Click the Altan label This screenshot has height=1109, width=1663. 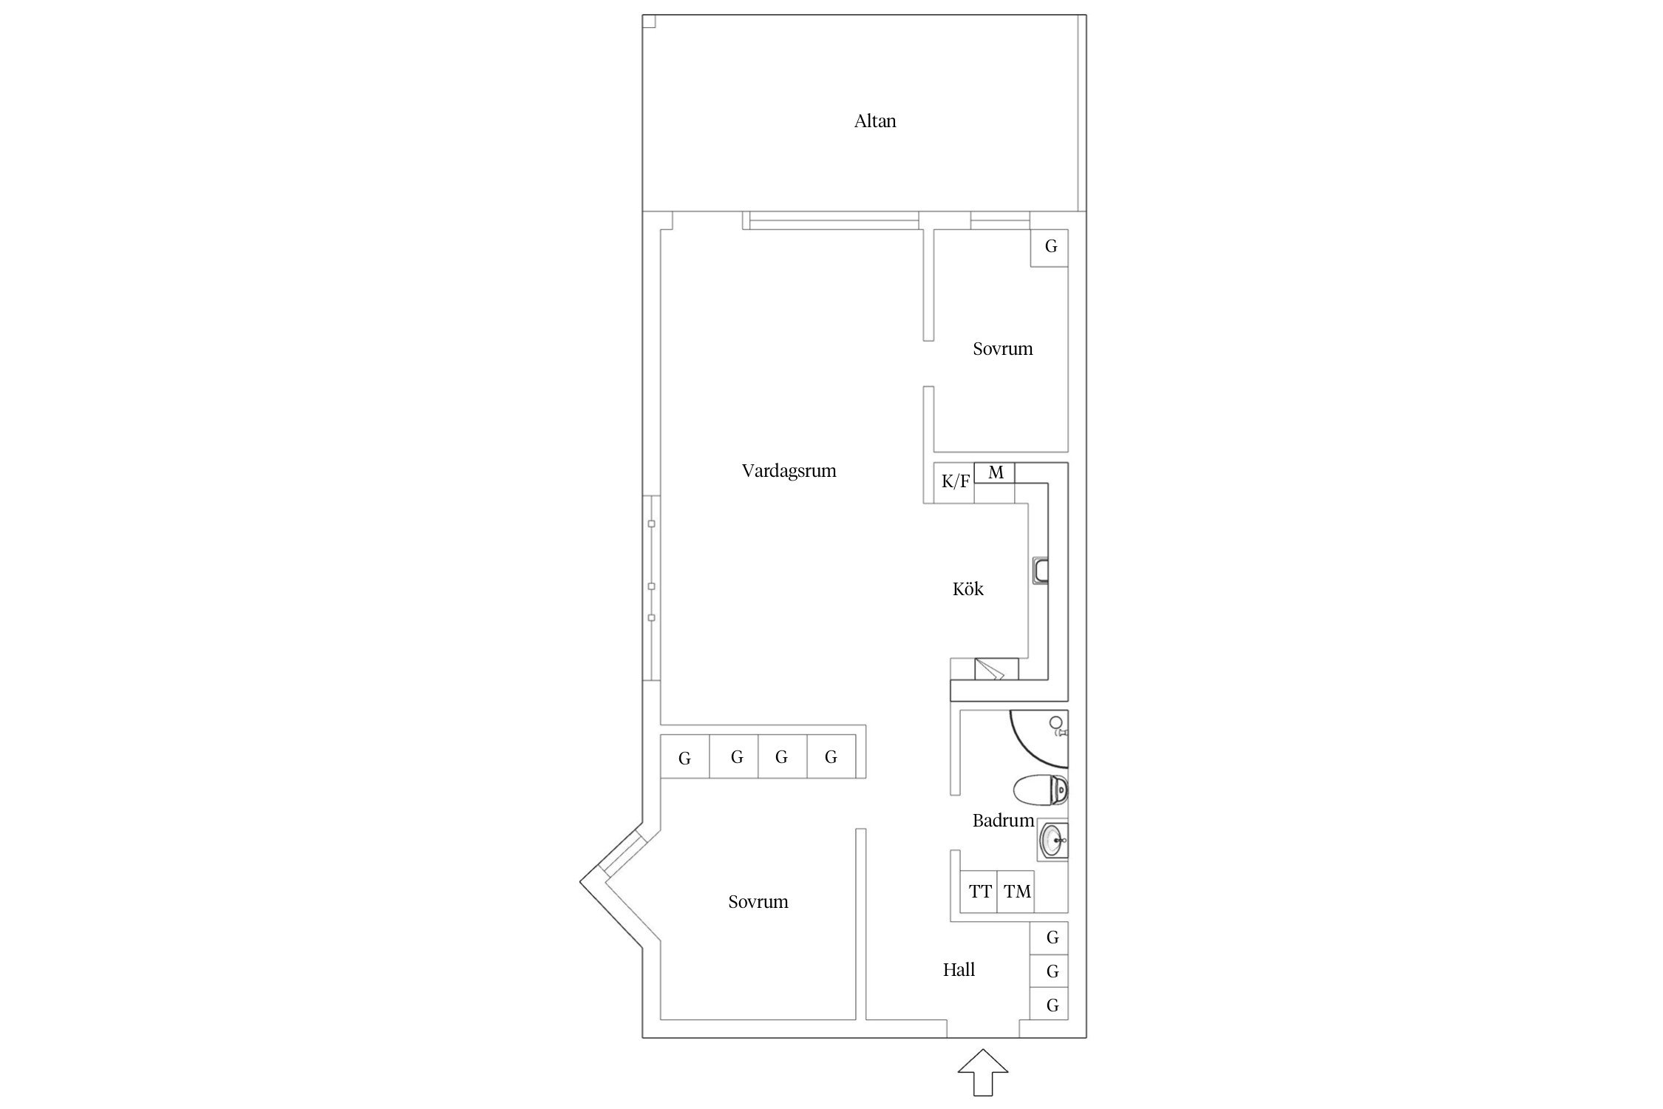click(875, 121)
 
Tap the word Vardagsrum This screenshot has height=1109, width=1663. click(789, 471)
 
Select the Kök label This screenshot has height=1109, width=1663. click(968, 589)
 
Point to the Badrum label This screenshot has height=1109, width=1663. click(1003, 820)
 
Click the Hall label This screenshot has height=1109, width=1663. click(959, 969)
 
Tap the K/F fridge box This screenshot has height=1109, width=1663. click(954, 483)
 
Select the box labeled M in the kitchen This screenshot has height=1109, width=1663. click(995, 472)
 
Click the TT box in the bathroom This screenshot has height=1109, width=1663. click(979, 892)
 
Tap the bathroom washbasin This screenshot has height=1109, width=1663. click(1052, 840)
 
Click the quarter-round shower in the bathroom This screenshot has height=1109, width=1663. click(1038, 739)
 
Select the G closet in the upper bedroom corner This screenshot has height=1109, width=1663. click(1050, 247)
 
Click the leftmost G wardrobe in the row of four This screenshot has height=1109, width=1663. click(685, 757)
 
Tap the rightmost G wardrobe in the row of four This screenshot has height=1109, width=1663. click(832, 757)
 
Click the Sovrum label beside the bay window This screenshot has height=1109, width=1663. click(758, 902)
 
